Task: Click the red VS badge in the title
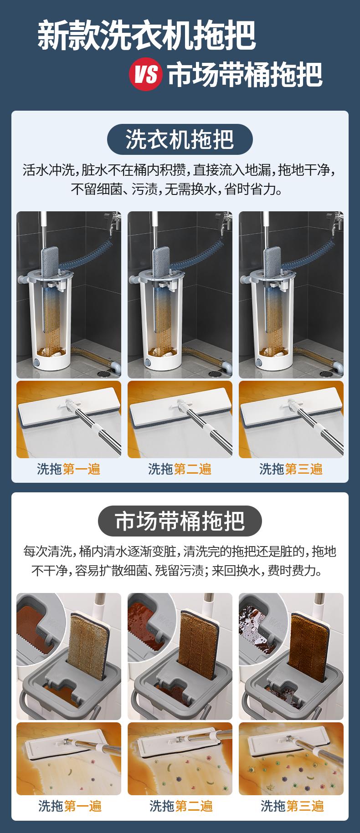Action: [146, 74]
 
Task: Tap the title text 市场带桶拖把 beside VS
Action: [245, 74]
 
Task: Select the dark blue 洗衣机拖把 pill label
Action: [180, 139]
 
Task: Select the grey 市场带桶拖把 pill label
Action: [180, 521]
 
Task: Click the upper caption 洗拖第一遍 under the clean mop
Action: [68, 469]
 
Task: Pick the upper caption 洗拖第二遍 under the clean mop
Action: [180, 469]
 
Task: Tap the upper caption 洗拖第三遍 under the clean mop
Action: [291, 469]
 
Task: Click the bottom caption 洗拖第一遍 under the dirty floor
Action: [69, 806]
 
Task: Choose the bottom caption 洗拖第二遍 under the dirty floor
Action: [181, 806]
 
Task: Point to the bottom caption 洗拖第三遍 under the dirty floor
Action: [292, 806]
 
